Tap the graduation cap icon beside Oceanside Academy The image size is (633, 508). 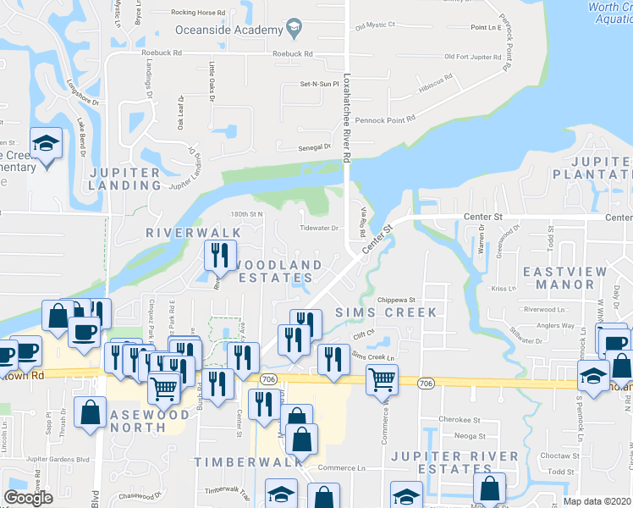[x=293, y=30]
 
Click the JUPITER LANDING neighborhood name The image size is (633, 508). [x=125, y=178]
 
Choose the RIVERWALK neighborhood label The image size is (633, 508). [x=193, y=232]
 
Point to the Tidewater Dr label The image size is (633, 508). [x=320, y=228]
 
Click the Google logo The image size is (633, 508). [x=28, y=497]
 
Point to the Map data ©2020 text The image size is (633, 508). [x=597, y=501]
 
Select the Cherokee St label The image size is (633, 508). [x=460, y=419]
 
